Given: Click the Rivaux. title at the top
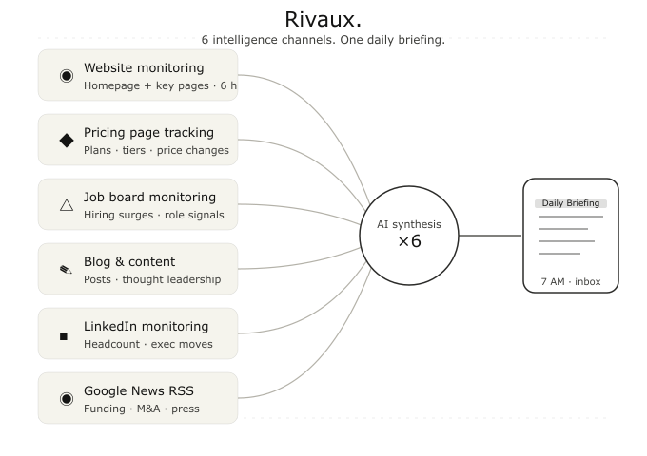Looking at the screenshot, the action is (323, 19).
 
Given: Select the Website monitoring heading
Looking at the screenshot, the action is (144, 68).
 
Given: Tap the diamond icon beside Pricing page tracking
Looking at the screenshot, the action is (67, 141).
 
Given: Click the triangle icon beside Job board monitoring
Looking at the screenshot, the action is (67, 205).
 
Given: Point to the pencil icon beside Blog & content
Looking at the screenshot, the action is (66, 270).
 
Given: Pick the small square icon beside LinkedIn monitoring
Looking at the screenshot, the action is (64, 336).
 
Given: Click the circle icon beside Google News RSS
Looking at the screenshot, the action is (67, 399).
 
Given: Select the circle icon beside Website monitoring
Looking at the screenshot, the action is (67, 76).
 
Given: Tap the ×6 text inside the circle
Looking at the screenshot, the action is (409, 241).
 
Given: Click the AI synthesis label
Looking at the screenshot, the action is (409, 224).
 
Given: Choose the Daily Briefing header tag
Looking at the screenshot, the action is (571, 203).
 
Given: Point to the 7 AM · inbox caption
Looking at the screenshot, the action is (571, 282).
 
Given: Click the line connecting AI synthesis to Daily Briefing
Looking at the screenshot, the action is (490, 236).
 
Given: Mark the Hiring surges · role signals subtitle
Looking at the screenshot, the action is (154, 215).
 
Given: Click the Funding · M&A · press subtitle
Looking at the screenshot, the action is (142, 408).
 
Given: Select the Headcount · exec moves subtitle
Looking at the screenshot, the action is (148, 344).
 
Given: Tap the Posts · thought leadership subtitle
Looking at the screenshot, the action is (152, 279).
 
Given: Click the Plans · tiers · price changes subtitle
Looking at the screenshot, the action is (156, 150).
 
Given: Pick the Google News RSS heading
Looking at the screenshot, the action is (139, 390).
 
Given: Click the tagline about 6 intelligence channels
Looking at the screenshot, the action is (323, 40).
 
